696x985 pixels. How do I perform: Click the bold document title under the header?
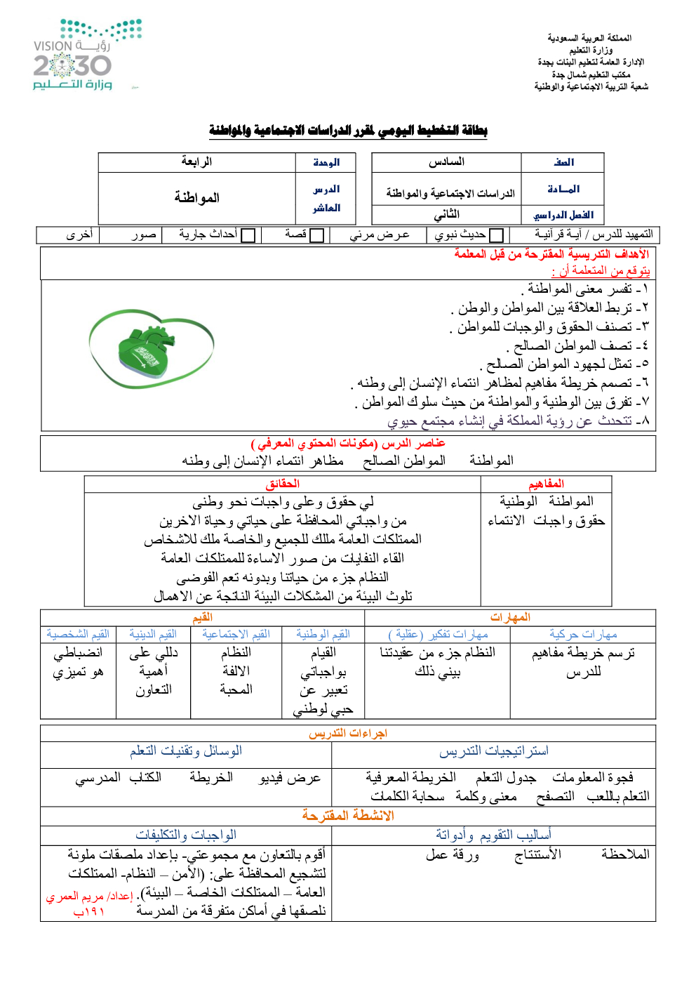coord(348,131)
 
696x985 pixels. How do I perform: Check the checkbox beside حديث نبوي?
coord(496,235)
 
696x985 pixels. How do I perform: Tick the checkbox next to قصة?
coord(316,235)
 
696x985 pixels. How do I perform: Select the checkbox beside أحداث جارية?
coord(248,235)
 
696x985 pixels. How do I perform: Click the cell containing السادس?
coord(446,162)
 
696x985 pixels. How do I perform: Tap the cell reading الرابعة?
coord(196,162)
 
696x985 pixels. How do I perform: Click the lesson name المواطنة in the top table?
coord(196,198)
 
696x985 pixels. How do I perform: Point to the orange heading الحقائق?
coord(282,484)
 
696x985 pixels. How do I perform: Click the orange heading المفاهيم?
coord(546,484)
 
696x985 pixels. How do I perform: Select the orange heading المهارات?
coord(510,617)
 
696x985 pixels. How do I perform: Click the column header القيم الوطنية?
coord(323,635)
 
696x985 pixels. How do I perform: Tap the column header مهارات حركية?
coord(583,635)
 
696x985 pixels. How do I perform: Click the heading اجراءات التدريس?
coord(348,733)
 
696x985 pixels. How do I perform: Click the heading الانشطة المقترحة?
coord(348,815)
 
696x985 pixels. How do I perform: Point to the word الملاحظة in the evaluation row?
coord(625,854)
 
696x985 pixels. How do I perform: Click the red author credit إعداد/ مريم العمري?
coord(90,897)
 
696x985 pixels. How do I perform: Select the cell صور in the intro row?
coord(144,234)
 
